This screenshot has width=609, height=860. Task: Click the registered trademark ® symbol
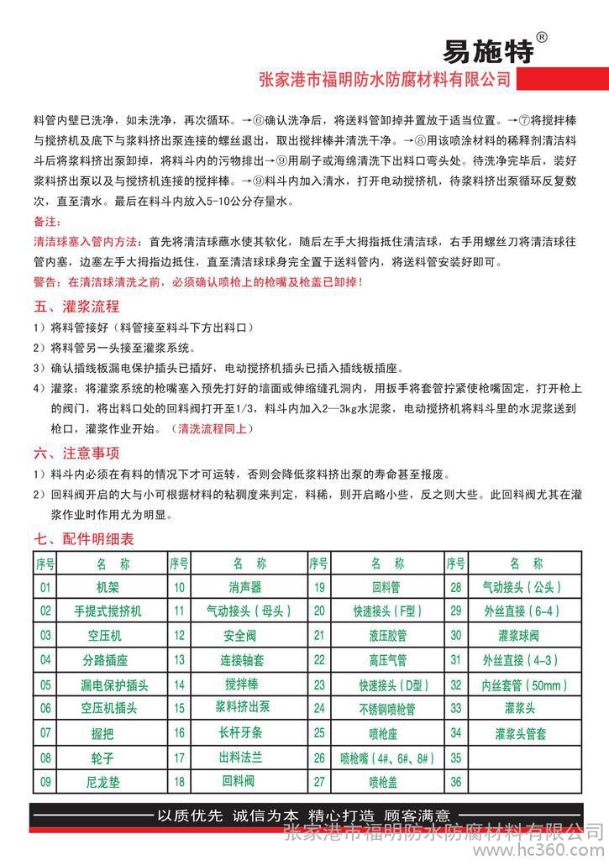tap(542, 37)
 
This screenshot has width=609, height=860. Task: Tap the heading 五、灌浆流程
tap(76, 305)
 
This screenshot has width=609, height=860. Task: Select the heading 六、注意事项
tap(76, 453)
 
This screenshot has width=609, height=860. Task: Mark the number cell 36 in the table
tap(456, 782)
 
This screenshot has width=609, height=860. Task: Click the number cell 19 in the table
tap(319, 587)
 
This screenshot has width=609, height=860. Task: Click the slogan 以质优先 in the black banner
tap(190, 814)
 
